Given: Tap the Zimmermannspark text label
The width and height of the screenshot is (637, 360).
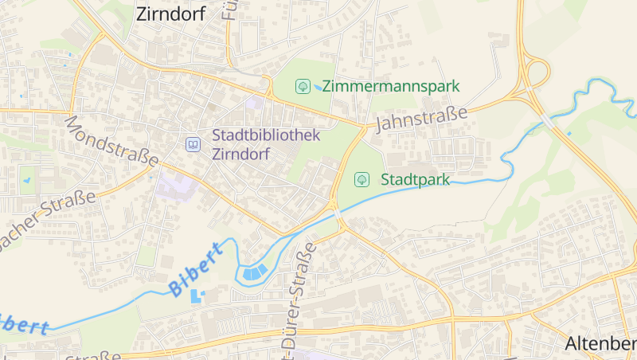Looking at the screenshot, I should coord(390,86).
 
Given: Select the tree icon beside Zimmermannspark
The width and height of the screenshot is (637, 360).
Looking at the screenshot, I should coord(303,86).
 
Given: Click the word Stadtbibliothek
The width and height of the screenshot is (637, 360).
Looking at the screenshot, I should coord(266,135).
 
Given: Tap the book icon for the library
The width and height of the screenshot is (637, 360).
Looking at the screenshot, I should coord(193,144).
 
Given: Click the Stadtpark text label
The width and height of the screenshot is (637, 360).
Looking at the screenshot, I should coord(415,179).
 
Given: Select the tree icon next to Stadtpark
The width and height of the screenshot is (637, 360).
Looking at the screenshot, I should coord(361,179).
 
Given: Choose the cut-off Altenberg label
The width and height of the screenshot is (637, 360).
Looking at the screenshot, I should coord(600,344).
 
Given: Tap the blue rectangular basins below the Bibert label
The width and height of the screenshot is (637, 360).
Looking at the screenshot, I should coord(196,296).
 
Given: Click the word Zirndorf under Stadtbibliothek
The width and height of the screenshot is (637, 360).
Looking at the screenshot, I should coord(241,153).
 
